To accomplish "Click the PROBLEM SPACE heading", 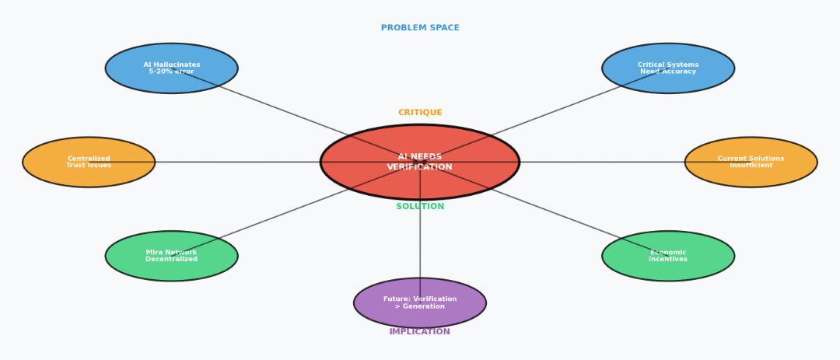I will (x=420, y=28).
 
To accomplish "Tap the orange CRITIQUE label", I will (x=420, y=113).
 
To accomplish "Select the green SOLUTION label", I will (x=420, y=207).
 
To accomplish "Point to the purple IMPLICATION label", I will (x=420, y=332).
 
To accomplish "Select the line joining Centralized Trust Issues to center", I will (x=233, y=162).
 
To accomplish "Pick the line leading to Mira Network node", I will (x=272, y=218).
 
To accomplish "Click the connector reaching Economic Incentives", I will (x=568, y=218).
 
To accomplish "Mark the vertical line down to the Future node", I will (x=420, y=241).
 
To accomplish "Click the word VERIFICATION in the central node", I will (x=420, y=167).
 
